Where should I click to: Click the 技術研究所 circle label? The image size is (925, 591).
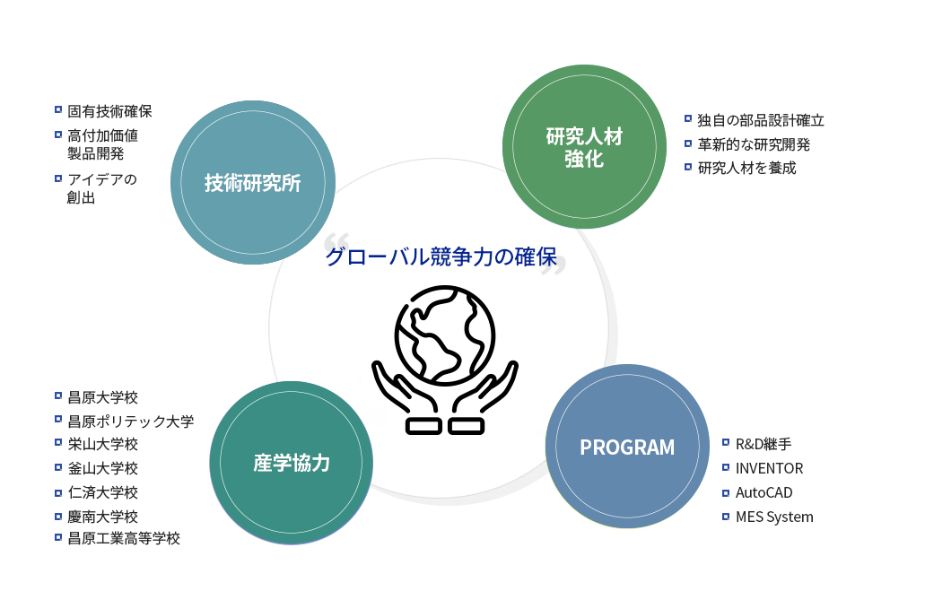pyautogui.click(x=252, y=183)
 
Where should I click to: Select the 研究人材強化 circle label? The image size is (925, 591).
pyautogui.click(x=584, y=147)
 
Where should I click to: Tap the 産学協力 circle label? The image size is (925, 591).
pyautogui.click(x=292, y=463)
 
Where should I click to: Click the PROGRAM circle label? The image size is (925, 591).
pyautogui.click(x=627, y=448)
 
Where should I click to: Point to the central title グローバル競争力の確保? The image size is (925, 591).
pyautogui.click(x=441, y=256)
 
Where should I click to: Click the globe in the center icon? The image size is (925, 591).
pyautogui.click(x=445, y=335)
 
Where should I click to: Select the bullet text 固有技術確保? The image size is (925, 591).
pyautogui.click(x=109, y=111)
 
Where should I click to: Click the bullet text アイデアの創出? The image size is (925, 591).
pyautogui.click(x=102, y=188)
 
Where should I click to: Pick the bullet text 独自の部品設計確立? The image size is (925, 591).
pyautogui.click(x=761, y=120)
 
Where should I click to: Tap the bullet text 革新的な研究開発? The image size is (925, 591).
pyautogui.click(x=754, y=144)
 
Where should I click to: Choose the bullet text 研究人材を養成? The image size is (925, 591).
pyautogui.click(x=746, y=168)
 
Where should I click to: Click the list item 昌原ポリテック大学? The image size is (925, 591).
pyautogui.click(x=131, y=422)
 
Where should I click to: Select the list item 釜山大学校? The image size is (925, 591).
pyautogui.click(x=102, y=468)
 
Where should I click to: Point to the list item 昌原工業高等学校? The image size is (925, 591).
pyautogui.click(x=124, y=538)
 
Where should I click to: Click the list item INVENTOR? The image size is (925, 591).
pyautogui.click(x=769, y=468)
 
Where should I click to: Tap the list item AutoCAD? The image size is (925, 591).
pyautogui.click(x=764, y=492)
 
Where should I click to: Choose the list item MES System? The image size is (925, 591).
pyautogui.click(x=774, y=517)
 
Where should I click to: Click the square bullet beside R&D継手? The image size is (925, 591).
pyautogui.click(x=726, y=442)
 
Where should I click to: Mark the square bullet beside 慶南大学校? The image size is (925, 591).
pyautogui.click(x=57, y=516)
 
